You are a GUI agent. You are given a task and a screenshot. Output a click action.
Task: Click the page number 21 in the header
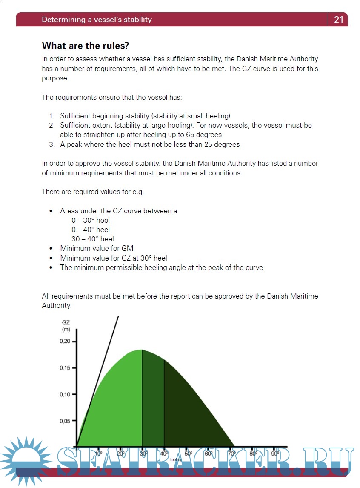pos(339,20)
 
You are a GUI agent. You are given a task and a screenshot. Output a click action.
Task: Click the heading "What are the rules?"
pos(85,46)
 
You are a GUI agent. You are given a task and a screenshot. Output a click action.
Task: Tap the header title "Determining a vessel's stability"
pos(97,20)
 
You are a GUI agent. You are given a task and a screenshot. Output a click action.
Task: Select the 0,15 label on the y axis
pos(65,368)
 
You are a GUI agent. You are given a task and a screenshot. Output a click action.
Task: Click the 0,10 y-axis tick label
pos(65,394)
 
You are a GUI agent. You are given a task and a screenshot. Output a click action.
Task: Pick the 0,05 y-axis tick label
pos(65,421)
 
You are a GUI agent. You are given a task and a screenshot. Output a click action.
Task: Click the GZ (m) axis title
pos(66,326)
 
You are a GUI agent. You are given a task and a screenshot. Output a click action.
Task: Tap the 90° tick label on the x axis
pos(275,454)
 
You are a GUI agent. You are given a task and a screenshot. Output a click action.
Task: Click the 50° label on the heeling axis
pos(189,454)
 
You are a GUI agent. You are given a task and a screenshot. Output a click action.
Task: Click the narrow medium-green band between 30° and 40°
pos(153,400)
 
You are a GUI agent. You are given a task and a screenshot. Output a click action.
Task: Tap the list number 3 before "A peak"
pos(51,144)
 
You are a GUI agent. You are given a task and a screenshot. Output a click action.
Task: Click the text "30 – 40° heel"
pos(92,239)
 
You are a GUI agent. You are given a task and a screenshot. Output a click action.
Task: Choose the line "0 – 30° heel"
pos(90,220)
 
